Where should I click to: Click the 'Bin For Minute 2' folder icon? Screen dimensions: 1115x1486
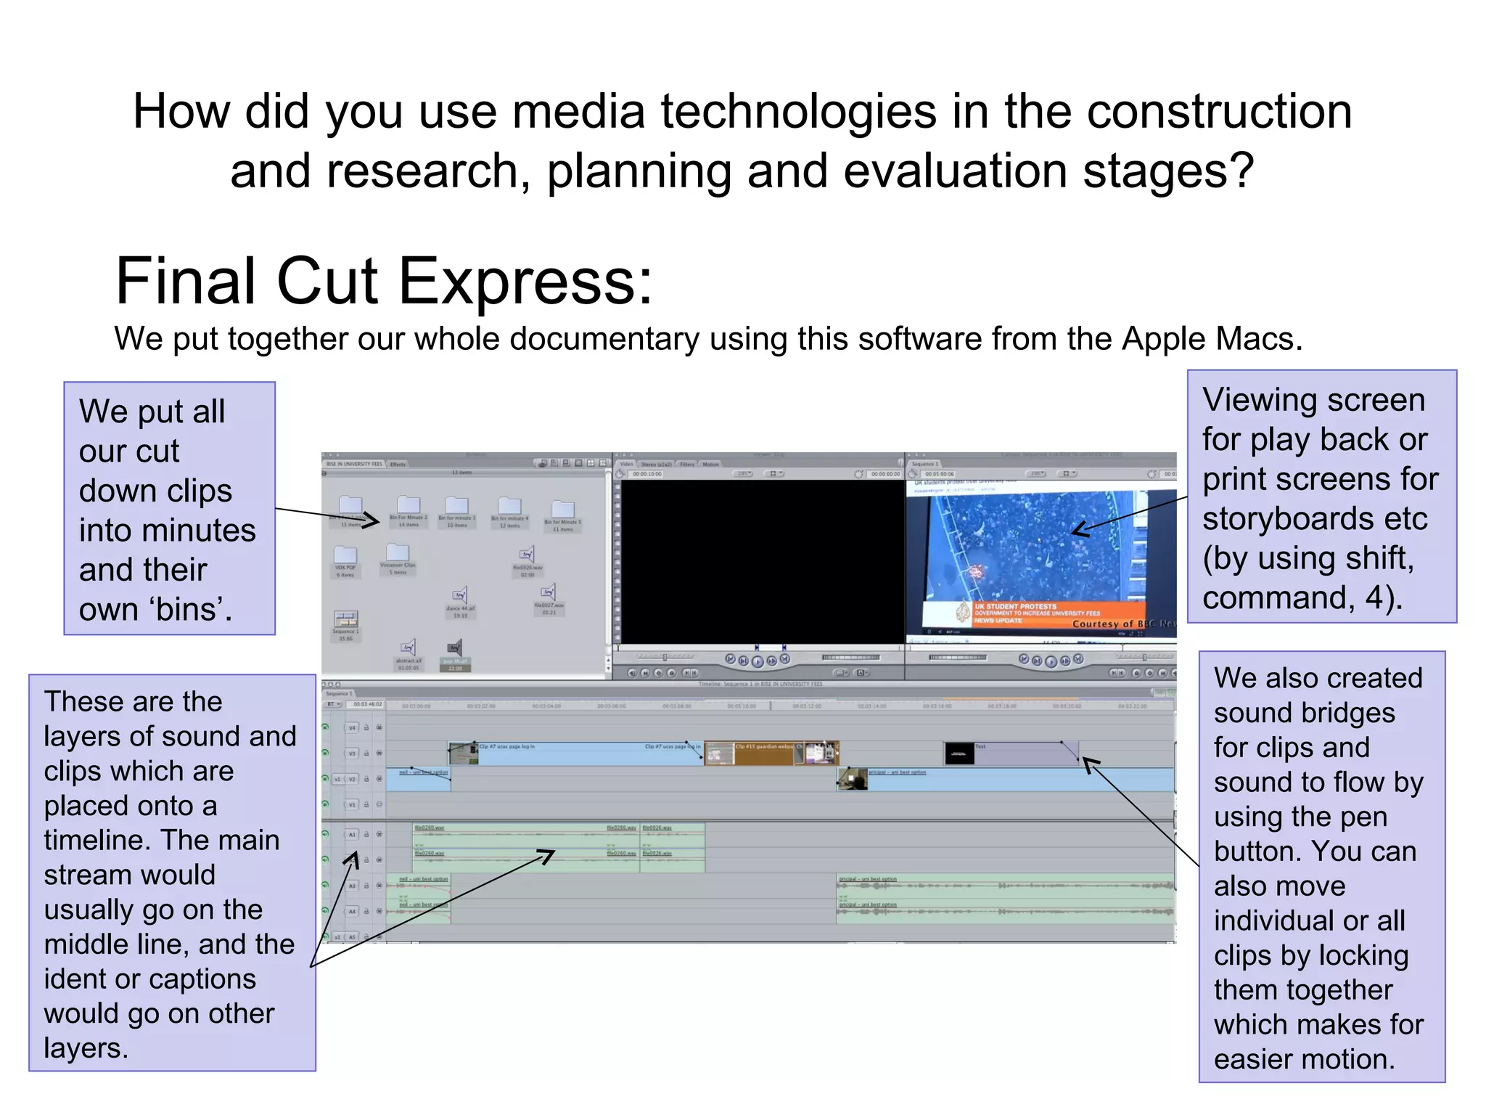(409, 505)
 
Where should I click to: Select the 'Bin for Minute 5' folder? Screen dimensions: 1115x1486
(563, 510)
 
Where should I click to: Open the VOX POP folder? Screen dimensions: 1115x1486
(345, 555)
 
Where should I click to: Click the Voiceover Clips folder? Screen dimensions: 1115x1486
(398, 553)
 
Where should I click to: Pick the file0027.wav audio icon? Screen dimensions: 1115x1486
(549, 592)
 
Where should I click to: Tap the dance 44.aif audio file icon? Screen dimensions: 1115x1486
(460, 597)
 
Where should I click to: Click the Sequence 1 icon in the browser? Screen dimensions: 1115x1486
(345, 619)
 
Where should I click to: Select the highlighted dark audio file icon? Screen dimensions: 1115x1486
(454, 648)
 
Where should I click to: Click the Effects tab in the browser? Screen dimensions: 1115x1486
(398, 464)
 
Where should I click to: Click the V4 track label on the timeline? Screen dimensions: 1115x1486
(352, 727)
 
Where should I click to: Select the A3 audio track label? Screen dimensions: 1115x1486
(352, 886)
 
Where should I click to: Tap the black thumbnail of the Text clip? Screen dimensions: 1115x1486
(959, 754)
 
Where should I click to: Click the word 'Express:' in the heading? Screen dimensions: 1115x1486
(526, 282)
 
